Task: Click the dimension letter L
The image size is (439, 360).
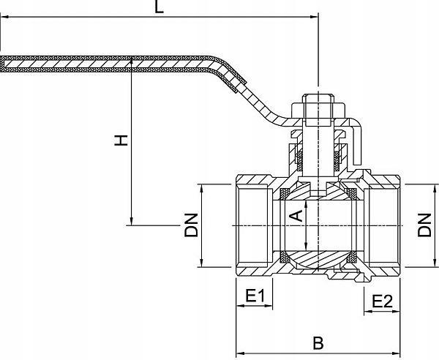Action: tap(160, 7)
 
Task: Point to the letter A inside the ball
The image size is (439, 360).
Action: tap(296, 214)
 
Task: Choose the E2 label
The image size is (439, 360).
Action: tap(382, 300)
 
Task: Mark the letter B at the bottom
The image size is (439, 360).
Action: tap(318, 342)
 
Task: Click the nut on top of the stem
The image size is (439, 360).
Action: tap(318, 106)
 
